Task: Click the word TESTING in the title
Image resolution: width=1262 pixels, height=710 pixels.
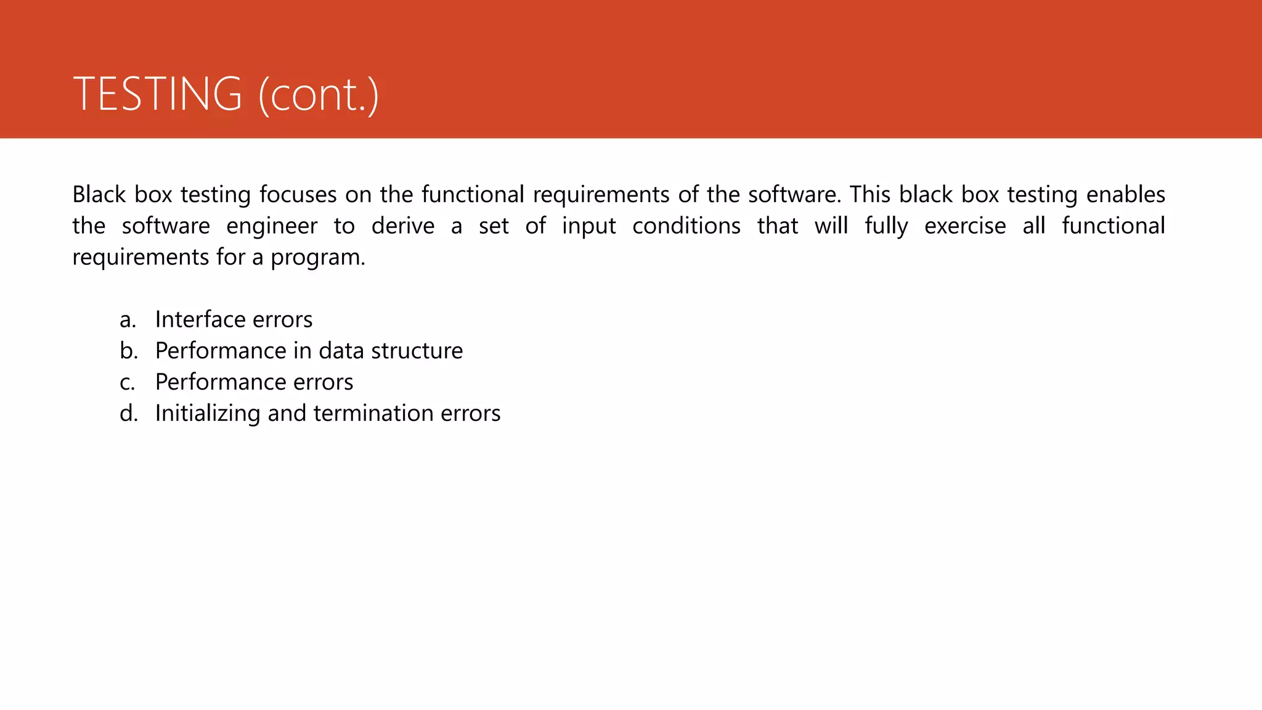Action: tap(157, 94)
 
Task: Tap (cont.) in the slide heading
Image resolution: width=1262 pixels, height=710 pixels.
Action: tap(318, 96)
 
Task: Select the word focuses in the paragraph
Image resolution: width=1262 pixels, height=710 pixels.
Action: tap(298, 195)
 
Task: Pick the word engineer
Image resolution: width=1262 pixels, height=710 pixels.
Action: tap(271, 226)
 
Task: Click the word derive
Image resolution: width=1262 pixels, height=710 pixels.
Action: tap(402, 226)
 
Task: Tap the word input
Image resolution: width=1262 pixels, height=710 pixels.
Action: tap(588, 226)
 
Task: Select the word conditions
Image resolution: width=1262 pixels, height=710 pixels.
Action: tap(686, 226)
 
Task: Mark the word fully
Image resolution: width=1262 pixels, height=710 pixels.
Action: tap(885, 226)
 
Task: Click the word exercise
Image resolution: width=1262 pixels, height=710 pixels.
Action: tap(964, 226)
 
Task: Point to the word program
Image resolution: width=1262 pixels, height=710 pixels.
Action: tap(317, 258)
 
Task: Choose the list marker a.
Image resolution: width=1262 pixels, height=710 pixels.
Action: tap(128, 320)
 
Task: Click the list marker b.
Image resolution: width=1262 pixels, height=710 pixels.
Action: tap(128, 351)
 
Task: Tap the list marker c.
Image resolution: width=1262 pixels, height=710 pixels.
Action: tap(127, 383)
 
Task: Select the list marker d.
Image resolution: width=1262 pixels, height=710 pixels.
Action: tap(128, 414)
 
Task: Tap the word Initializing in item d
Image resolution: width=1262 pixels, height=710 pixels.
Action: tap(207, 414)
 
